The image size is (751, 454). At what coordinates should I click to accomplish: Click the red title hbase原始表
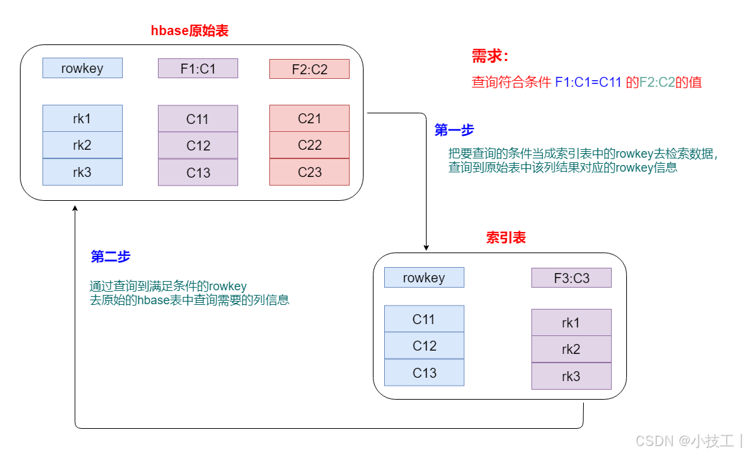(x=190, y=30)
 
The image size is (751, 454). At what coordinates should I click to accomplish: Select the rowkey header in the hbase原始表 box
(x=82, y=68)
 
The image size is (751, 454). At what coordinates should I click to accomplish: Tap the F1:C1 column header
(x=198, y=68)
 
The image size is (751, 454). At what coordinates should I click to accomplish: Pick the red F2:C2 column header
(x=309, y=69)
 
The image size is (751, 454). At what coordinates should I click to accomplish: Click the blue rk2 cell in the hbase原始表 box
(x=82, y=145)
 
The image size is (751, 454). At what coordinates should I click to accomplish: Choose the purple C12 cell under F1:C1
(x=198, y=146)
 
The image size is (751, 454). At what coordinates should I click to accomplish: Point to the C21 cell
(x=309, y=119)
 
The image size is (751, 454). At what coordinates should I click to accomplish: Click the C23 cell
(x=309, y=172)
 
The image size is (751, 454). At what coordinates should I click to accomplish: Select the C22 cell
(x=309, y=145)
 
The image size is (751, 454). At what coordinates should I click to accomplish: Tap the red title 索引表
(x=506, y=238)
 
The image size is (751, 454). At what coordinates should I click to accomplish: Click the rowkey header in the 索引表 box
(x=424, y=278)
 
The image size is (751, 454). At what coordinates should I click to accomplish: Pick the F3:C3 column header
(x=571, y=278)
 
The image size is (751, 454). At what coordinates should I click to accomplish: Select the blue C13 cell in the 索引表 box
(x=424, y=372)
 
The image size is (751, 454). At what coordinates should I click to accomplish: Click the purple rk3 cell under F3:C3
(x=571, y=376)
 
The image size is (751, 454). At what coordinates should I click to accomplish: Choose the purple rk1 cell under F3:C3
(x=571, y=323)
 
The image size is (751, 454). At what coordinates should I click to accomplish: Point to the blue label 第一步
(x=454, y=131)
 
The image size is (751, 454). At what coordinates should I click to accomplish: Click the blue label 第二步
(x=110, y=257)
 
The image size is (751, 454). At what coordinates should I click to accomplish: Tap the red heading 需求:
(x=490, y=56)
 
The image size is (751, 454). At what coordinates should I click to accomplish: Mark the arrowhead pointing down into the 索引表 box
(x=426, y=247)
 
